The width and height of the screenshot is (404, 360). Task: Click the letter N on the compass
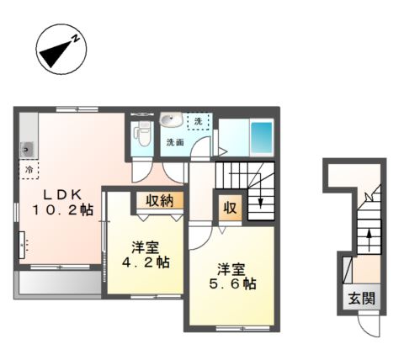(x=75, y=39)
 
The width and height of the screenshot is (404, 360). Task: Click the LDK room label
(x=62, y=194)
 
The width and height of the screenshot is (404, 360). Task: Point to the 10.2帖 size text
(x=62, y=209)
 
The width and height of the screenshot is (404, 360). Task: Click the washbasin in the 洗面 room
(x=172, y=120)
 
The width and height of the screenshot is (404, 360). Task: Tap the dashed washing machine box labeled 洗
(x=199, y=121)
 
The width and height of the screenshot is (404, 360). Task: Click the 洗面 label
(x=175, y=142)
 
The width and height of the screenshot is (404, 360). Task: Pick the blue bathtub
(x=262, y=137)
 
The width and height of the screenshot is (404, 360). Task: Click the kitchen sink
(x=27, y=150)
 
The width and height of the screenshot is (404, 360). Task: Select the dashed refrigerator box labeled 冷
(x=29, y=169)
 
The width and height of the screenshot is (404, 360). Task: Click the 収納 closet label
(x=160, y=200)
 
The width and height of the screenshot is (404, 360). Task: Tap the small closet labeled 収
(x=230, y=208)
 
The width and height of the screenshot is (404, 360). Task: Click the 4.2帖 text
(x=146, y=262)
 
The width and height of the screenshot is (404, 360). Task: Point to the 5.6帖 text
(x=232, y=284)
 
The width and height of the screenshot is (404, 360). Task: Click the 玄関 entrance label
(x=362, y=298)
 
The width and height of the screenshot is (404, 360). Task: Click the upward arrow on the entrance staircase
(x=369, y=241)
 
